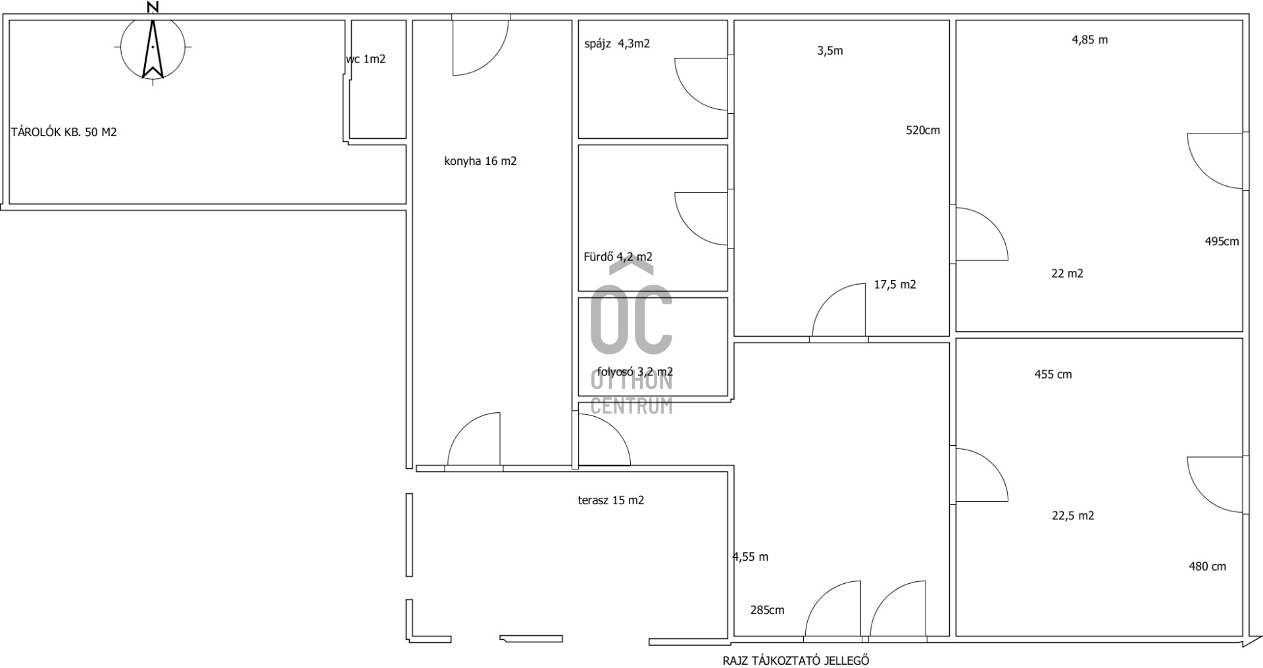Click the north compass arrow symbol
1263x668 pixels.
153,49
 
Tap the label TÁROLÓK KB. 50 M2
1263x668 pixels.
64,132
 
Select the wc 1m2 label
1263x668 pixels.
366,59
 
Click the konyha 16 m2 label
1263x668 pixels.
481,162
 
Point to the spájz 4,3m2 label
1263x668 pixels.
617,44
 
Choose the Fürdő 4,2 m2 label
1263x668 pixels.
618,257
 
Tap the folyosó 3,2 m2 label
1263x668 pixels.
635,372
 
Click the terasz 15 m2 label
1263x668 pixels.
611,500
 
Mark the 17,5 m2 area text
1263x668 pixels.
895,285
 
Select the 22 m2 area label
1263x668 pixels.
1067,274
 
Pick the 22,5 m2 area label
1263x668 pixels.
1073,515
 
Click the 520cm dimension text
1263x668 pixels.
923,130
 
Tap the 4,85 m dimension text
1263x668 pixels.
1090,40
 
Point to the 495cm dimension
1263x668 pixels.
1222,241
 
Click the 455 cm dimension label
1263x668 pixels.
1053,375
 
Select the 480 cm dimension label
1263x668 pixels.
1208,567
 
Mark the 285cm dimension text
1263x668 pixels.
768,610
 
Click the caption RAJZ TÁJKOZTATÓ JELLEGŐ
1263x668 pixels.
796,660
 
